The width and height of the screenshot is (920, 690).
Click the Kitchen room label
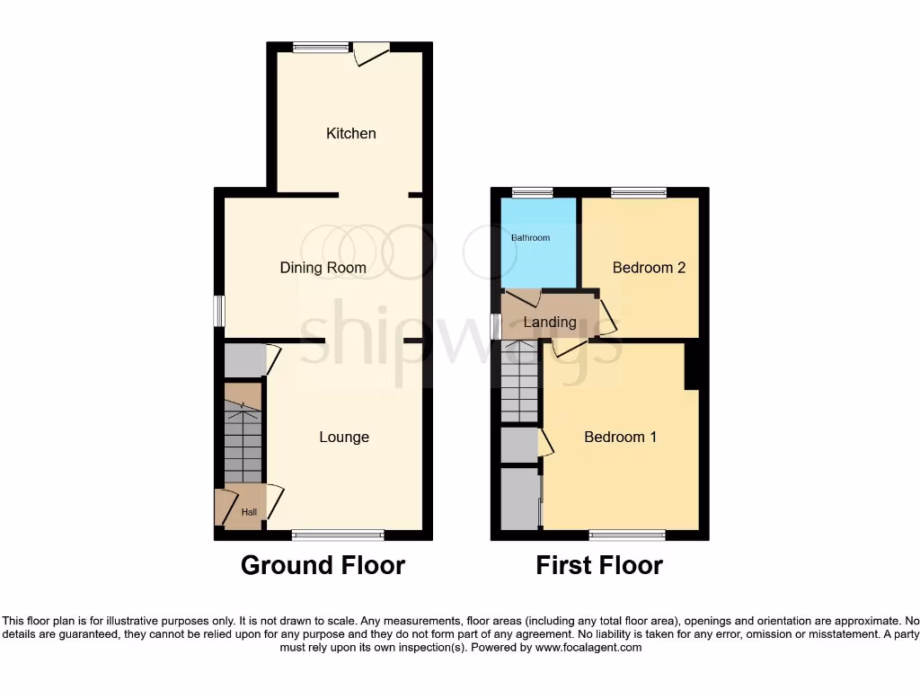(x=350, y=133)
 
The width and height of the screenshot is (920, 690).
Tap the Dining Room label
(x=323, y=268)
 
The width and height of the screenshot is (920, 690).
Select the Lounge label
(x=344, y=438)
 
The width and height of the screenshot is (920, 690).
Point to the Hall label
(x=249, y=513)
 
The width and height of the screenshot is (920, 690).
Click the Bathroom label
(x=530, y=238)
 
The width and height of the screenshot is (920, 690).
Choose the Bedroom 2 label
(x=649, y=268)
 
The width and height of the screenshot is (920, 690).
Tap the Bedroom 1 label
(x=620, y=438)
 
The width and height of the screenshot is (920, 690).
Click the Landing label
(x=550, y=322)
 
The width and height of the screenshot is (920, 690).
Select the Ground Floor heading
(x=323, y=565)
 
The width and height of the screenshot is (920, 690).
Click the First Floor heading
(x=599, y=565)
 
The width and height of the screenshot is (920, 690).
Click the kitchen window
(x=322, y=49)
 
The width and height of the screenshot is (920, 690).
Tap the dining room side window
(x=218, y=312)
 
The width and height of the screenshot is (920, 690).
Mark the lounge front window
(x=337, y=535)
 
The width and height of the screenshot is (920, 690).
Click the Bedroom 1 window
(x=627, y=535)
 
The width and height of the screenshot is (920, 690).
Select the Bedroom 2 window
(x=639, y=192)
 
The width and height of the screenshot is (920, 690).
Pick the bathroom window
(x=532, y=192)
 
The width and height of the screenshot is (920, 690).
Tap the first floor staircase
(x=521, y=382)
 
